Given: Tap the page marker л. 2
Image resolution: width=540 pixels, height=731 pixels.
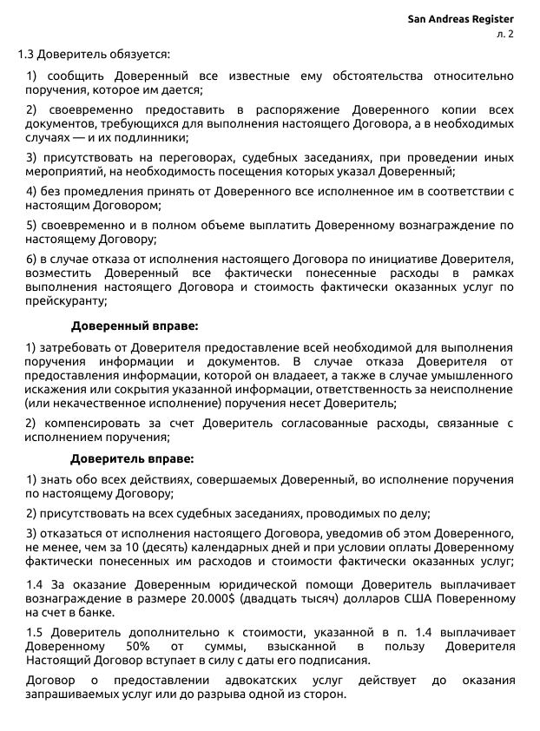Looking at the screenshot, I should pos(504,34).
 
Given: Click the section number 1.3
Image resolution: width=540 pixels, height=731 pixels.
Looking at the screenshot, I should pos(27,55).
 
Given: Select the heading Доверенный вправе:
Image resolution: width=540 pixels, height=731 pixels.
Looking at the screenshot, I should pos(135,326).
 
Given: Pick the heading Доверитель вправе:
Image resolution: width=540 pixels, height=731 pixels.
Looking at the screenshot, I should pos(132,458).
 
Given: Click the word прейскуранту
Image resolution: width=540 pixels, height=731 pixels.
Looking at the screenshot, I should pos(63,301).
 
